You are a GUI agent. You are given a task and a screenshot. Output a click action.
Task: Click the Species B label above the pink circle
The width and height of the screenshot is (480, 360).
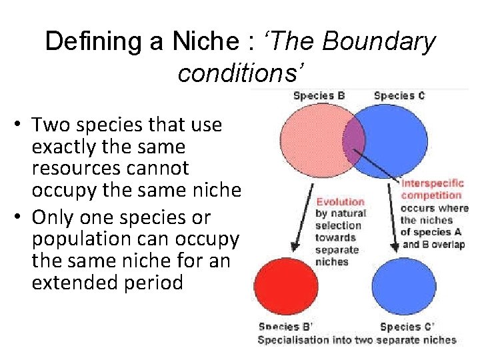pos(319,95)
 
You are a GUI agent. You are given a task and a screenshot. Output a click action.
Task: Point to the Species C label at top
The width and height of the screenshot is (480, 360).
pos(399,95)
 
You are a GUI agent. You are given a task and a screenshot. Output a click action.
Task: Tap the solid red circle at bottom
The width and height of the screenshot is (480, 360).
pos(285,287)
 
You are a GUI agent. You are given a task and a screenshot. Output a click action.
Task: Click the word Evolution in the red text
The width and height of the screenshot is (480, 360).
pos(340,202)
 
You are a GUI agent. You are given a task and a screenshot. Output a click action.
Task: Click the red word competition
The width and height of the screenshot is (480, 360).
pos(431,195)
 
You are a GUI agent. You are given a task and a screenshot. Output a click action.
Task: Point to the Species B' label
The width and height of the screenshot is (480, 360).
pos(285,327)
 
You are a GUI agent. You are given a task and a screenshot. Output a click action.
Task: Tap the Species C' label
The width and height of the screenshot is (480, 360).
pos(406,327)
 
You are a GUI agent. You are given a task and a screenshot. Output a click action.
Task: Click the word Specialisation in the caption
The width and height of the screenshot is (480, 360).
pos(291,340)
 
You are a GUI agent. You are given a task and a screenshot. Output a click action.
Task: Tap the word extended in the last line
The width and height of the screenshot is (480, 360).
pos(73,282)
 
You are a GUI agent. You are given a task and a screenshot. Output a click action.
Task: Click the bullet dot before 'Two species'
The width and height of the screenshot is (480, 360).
pos(21,125)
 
